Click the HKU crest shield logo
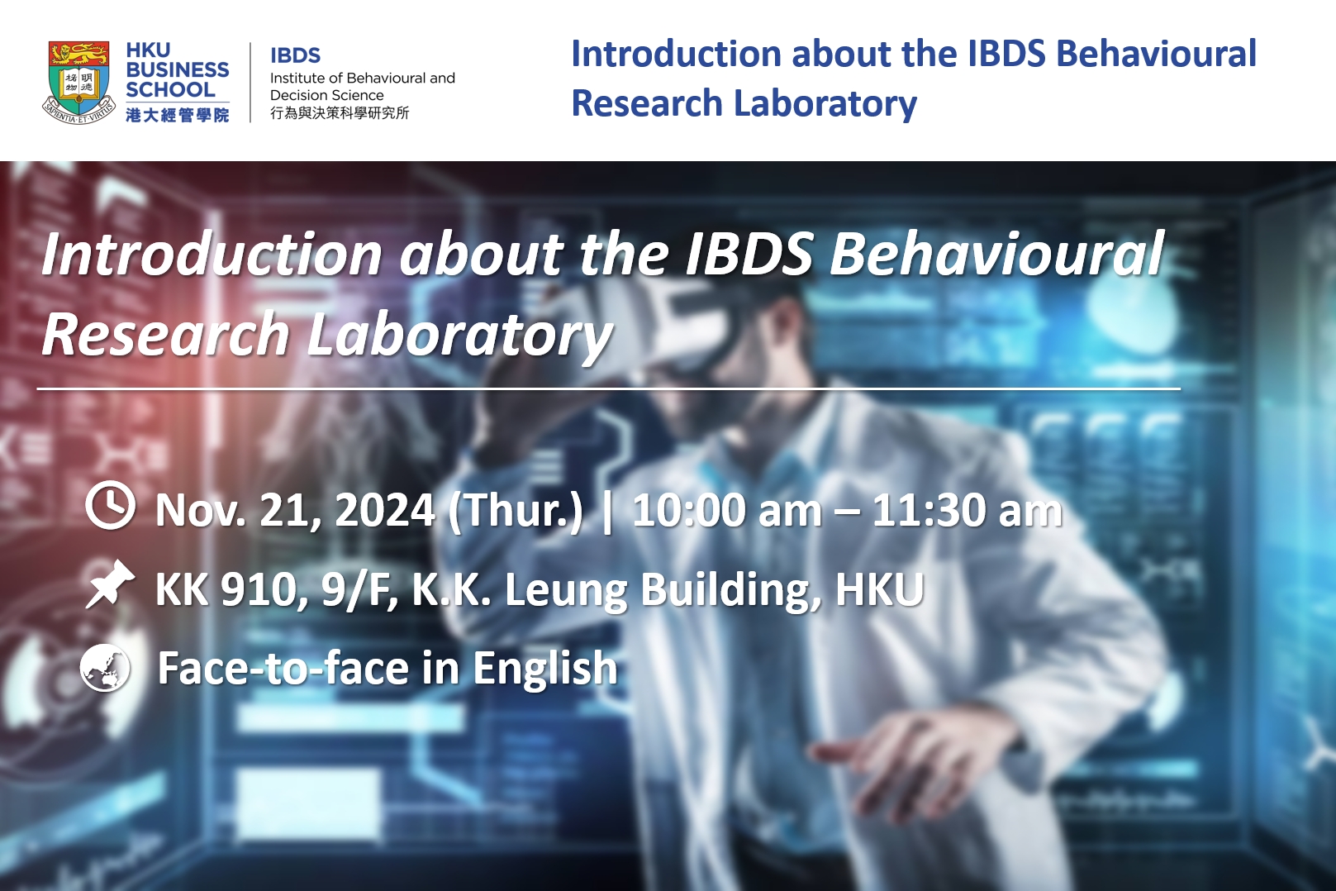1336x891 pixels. pyautogui.click(x=78, y=82)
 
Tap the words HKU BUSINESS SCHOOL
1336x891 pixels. pyautogui.click(x=177, y=70)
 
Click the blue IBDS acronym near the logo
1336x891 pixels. pyautogui.click(x=295, y=55)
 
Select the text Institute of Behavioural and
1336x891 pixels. pyautogui.click(x=362, y=78)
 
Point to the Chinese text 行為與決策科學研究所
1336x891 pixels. pyautogui.click(x=339, y=113)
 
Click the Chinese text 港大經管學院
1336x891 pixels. pyautogui.click(x=177, y=115)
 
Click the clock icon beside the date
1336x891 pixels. pyautogui.click(x=110, y=506)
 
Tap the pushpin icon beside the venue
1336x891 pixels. pyautogui.click(x=109, y=584)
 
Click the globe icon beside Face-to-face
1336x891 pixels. pyautogui.click(x=106, y=667)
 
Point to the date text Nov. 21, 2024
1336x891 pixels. pyautogui.click(x=295, y=510)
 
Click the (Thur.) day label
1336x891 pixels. pyautogui.click(x=516, y=510)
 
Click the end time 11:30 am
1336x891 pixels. pyautogui.click(x=967, y=510)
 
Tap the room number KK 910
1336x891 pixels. pyautogui.click(x=226, y=589)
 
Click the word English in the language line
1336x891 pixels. pyautogui.click(x=544, y=668)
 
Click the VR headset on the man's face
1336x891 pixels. pyautogui.click(x=727, y=339)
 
